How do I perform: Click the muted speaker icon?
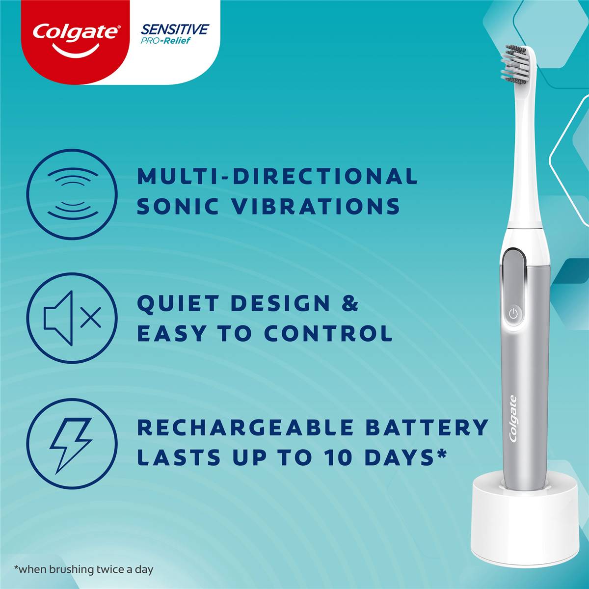coord(72,318)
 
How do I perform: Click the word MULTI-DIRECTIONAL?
coord(277,177)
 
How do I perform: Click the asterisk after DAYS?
coord(441,454)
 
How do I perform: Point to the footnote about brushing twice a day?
coord(84,570)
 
